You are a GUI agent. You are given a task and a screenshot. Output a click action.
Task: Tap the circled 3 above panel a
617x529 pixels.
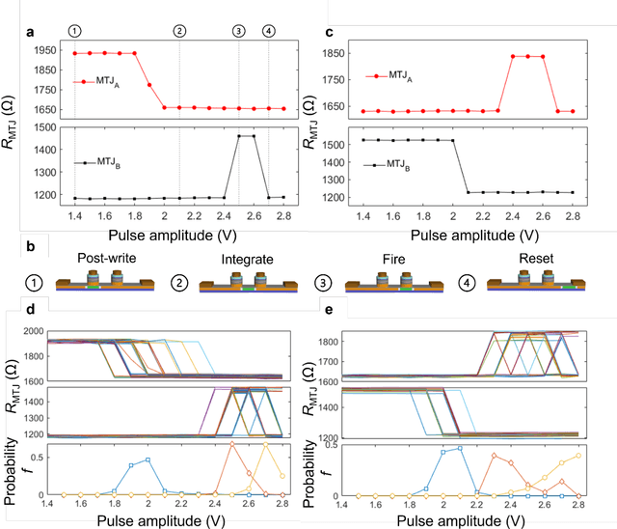pos(238,31)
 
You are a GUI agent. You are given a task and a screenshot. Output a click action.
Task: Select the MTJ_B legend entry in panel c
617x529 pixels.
pos(391,165)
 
